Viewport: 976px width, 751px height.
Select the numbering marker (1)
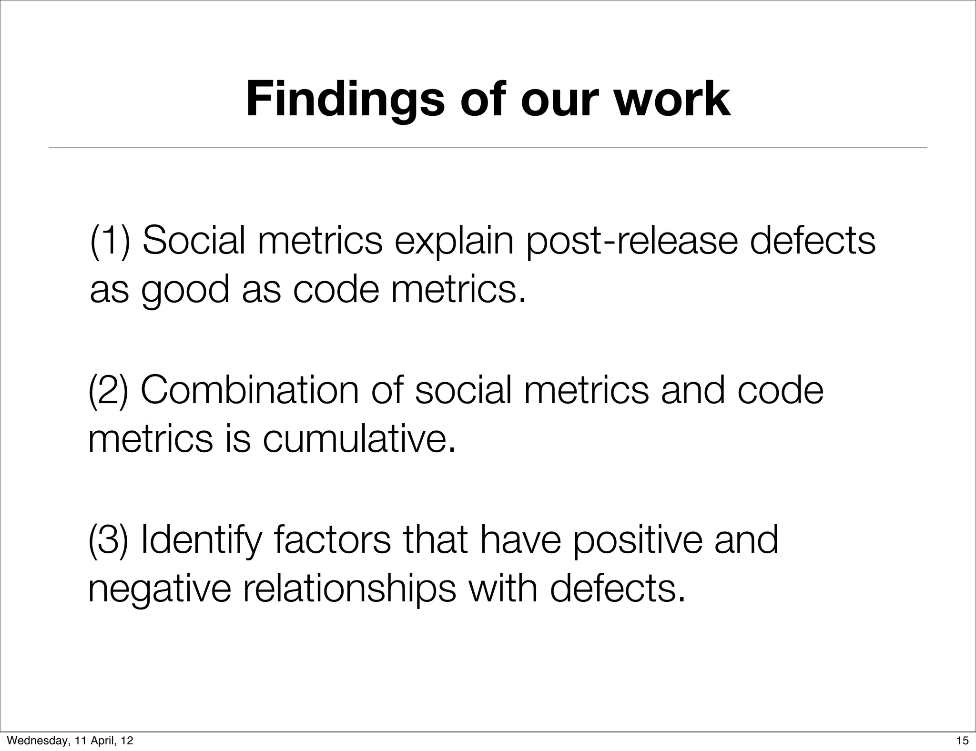click(110, 241)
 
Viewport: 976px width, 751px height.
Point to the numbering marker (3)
click(109, 540)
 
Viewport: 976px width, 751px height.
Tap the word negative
click(159, 590)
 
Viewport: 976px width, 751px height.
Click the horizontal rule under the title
click(488, 148)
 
